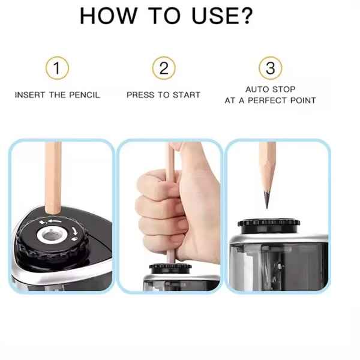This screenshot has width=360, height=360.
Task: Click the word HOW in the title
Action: click(109, 16)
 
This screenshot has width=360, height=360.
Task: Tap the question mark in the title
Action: click(247, 16)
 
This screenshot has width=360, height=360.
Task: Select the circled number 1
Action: click(57, 68)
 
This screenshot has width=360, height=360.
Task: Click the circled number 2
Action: click(164, 68)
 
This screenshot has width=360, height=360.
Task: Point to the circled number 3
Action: click(271, 68)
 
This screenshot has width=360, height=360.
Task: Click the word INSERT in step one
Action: click(30, 95)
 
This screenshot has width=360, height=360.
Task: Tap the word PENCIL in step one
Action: click(85, 95)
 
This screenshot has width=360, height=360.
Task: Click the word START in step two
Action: click(187, 95)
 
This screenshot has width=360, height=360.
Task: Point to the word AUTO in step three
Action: click(257, 89)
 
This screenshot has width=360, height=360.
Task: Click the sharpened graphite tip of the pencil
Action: click(267, 200)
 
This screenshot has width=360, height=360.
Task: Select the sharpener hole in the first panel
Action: click(52, 235)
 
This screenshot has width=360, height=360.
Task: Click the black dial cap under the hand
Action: click(170, 268)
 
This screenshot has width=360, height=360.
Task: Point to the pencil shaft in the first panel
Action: click(53, 178)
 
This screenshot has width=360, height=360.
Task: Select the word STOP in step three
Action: click(284, 89)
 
